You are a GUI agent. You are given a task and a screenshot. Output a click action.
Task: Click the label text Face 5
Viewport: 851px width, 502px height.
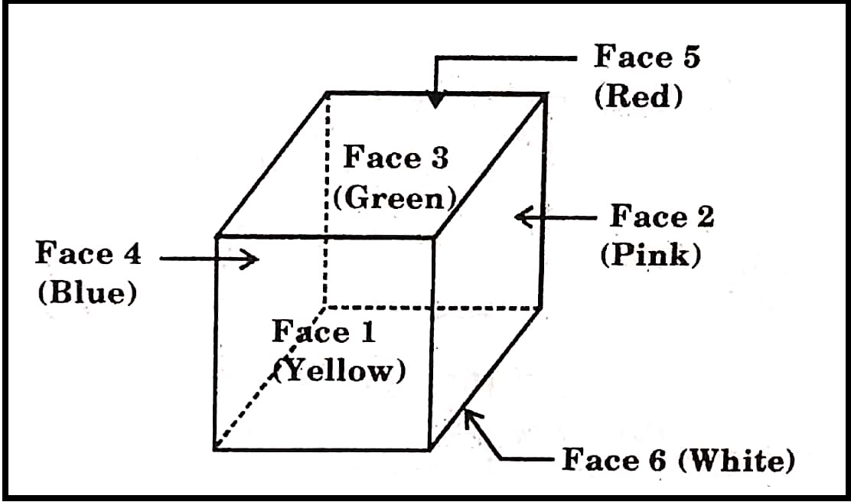click(647, 57)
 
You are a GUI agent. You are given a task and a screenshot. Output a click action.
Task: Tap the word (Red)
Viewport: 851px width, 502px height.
click(637, 97)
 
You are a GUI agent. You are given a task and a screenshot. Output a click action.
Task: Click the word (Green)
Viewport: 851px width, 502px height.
click(395, 197)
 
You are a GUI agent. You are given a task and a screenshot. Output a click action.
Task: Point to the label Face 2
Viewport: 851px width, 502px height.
click(661, 217)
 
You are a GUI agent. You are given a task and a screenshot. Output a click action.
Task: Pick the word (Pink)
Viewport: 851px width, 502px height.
click(650, 255)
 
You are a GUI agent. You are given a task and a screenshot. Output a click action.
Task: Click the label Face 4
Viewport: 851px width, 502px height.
click(88, 253)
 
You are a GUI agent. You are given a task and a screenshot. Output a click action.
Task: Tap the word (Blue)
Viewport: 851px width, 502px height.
click(87, 294)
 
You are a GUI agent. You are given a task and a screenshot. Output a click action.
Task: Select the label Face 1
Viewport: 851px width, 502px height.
click(324, 332)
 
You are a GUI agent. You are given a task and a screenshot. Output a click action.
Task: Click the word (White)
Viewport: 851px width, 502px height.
click(737, 461)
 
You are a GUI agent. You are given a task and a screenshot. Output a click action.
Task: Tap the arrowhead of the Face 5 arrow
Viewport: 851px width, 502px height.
click(436, 100)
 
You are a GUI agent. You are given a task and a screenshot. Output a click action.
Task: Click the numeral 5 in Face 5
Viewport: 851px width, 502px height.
click(690, 57)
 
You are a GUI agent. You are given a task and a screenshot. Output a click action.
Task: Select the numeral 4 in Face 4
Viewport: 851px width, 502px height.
click(131, 253)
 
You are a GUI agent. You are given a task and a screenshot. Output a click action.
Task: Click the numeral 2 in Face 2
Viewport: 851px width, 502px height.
click(704, 217)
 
